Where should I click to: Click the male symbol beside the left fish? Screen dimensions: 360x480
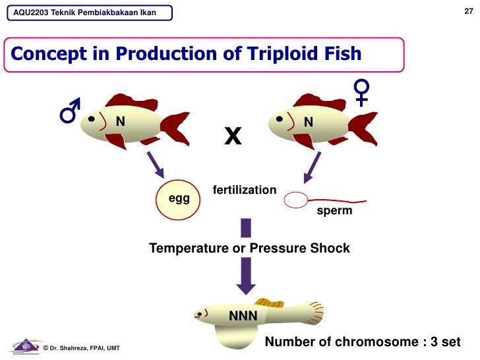(x=70, y=111)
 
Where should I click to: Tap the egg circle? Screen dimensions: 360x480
(x=179, y=198)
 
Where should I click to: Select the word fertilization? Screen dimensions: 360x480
(x=245, y=190)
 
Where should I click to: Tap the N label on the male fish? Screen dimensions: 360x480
(x=121, y=121)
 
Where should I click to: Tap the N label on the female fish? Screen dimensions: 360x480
(x=308, y=122)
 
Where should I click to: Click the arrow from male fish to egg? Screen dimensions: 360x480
(x=155, y=164)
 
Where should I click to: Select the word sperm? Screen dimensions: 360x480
(x=334, y=212)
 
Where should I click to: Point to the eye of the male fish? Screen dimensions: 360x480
(x=90, y=119)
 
